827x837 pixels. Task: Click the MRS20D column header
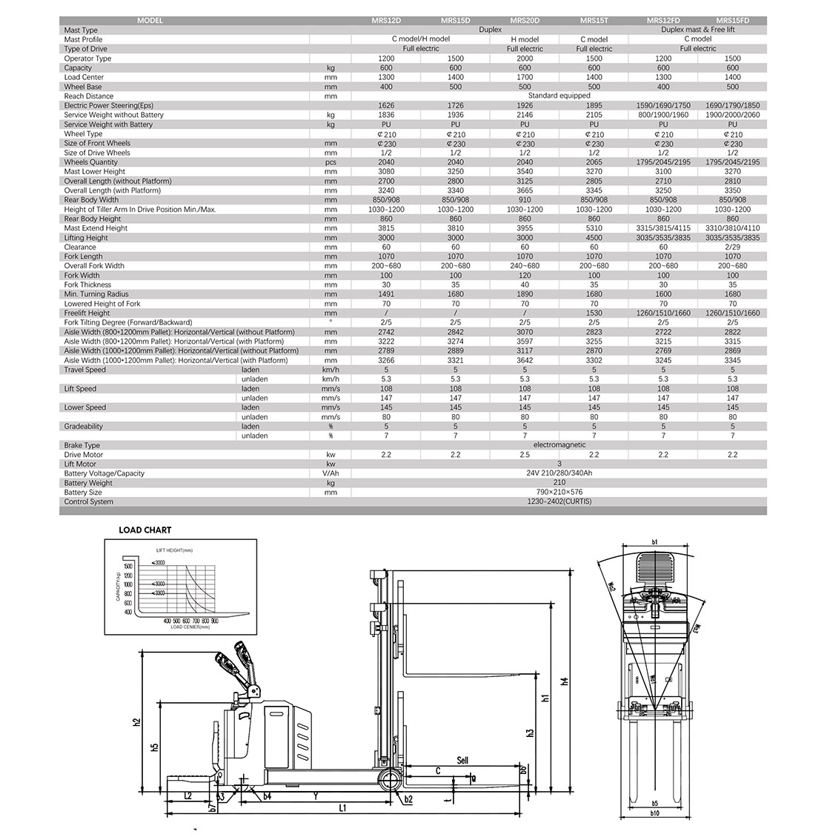[525, 21]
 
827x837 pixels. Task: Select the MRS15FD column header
[732, 21]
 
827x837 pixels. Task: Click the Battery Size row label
[83, 493]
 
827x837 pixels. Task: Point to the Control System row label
[89, 502]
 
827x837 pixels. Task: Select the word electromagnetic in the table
[559, 445]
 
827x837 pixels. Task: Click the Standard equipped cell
[559, 96]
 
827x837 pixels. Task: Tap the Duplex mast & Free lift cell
[698, 30]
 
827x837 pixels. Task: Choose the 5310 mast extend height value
[594, 228]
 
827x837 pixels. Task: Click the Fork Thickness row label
[87, 284]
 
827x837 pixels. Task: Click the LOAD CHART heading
[145, 530]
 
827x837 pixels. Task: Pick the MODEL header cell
[150, 21]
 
